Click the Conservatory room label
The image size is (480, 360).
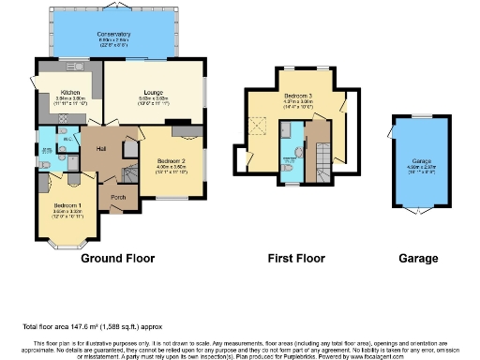(x=113, y=35)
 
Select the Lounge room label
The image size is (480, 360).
(x=154, y=93)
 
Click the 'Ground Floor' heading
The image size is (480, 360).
(x=118, y=258)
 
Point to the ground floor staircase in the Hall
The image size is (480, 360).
(x=128, y=173)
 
